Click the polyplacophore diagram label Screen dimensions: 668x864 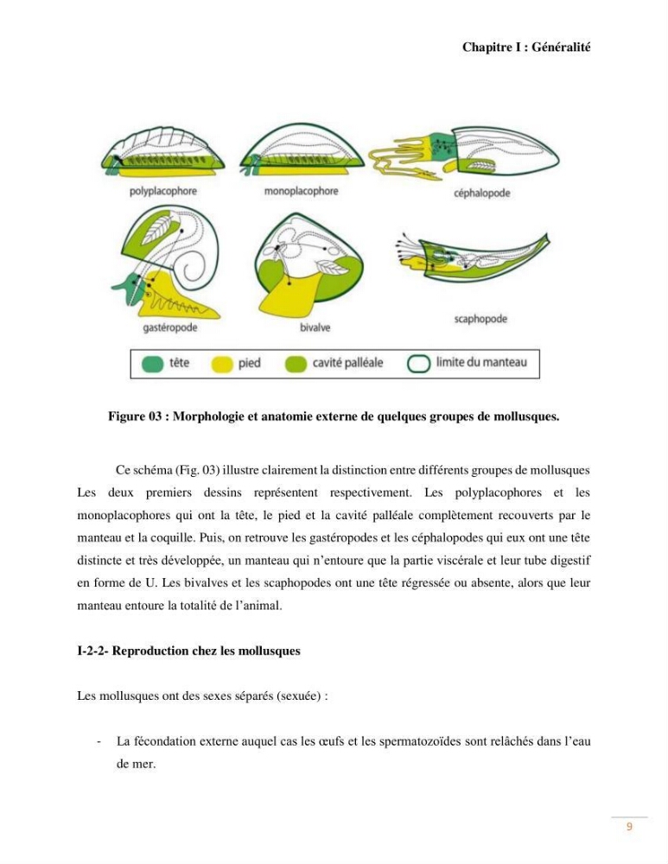click(x=162, y=191)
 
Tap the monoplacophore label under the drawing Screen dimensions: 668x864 click(x=301, y=191)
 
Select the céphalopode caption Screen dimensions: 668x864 click(x=481, y=194)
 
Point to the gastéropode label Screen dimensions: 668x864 click(x=169, y=327)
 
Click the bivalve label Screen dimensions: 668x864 click(x=315, y=327)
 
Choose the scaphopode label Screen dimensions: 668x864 click(x=480, y=319)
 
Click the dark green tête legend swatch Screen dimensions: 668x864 click(x=152, y=365)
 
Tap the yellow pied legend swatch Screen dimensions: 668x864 click(x=222, y=365)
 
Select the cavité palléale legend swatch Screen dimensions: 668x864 click(x=296, y=365)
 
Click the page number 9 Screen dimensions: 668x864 click(x=629, y=827)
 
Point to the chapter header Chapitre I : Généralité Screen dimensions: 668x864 click(x=526, y=48)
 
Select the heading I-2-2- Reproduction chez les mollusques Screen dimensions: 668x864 click(x=188, y=651)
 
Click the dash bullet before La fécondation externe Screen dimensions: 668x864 click(x=99, y=741)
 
